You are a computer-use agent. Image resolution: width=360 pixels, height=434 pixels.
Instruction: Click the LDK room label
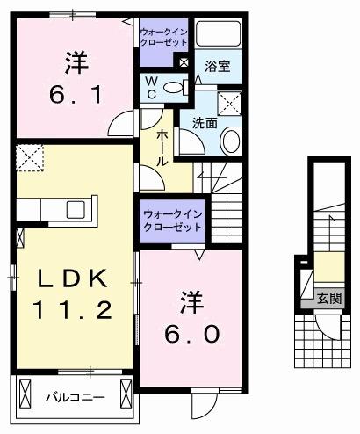(72, 278)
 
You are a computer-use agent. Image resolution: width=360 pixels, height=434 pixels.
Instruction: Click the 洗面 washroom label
(205, 123)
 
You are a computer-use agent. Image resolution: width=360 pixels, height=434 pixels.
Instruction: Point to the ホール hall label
(163, 148)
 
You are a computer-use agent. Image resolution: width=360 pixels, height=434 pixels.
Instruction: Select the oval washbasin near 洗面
(232, 141)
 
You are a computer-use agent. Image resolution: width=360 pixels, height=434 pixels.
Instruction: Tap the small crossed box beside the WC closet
(183, 61)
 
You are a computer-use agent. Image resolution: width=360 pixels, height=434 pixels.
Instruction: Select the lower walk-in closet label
(172, 220)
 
